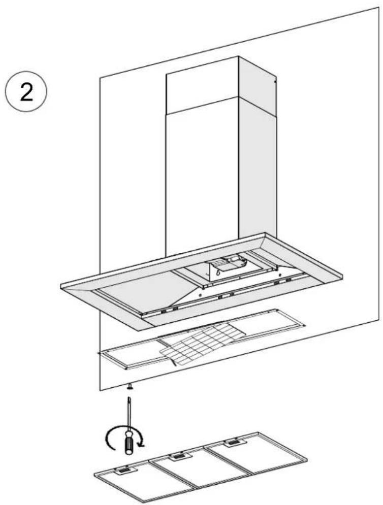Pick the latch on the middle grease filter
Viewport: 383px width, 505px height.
(x=177, y=456)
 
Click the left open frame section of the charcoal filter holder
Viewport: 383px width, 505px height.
(x=132, y=354)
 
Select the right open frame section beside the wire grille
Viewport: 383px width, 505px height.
(x=268, y=323)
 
